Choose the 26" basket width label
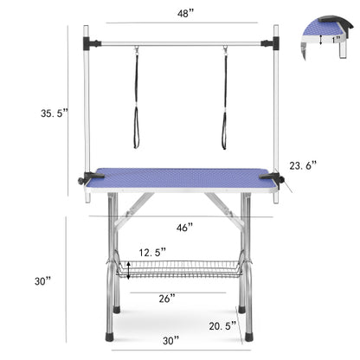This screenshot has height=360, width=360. [167, 298]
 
